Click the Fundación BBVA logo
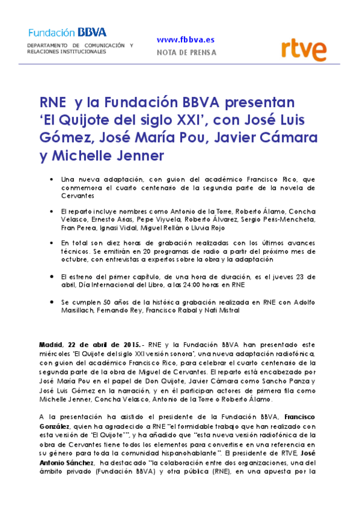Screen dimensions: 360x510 coord(59,32)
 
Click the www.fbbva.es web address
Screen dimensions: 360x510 coord(185,40)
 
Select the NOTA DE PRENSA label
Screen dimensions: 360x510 coord(186,52)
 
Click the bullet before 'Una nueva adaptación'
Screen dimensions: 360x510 coord(54,180)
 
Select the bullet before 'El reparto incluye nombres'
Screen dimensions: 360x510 coord(54,212)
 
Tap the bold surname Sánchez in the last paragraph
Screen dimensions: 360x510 coord(79,447)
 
